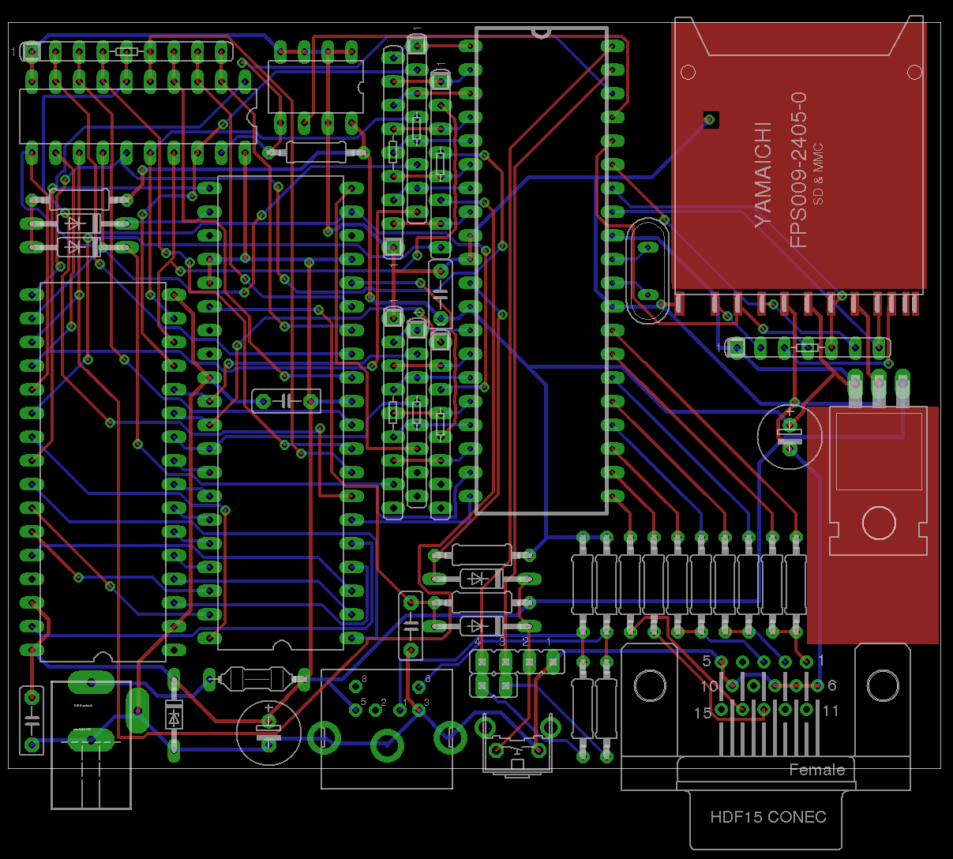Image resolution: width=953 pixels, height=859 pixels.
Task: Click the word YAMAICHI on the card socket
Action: pyautogui.click(x=763, y=174)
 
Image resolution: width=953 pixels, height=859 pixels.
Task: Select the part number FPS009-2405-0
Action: pyautogui.click(x=798, y=170)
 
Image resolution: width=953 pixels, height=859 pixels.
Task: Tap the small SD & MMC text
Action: pyautogui.click(x=818, y=174)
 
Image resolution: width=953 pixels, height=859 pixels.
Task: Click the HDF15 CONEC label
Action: pyautogui.click(x=767, y=817)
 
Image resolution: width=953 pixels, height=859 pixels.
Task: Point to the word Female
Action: pyautogui.click(x=816, y=770)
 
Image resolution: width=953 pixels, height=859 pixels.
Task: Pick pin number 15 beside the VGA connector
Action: pyautogui.click(x=702, y=713)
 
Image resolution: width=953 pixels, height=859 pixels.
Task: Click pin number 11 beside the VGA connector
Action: pyautogui.click(x=829, y=711)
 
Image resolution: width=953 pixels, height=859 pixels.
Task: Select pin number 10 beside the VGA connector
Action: pyautogui.click(x=708, y=686)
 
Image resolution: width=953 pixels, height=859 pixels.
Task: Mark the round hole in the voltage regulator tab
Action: pyautogui.click(x=879, y=523)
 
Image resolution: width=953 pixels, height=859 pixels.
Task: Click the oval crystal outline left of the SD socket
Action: pyautogui.click(x=647, y=271)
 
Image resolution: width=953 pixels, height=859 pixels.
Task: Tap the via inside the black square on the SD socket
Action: pyautogui.click(x=710, y=119)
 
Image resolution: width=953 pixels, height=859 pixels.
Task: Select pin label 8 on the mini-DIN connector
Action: pyautogui.click(x=364, y=679)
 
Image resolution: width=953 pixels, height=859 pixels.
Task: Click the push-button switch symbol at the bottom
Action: pyautogui.click(x=517, y=748)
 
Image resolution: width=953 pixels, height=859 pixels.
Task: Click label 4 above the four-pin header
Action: pyautogui.click(x=477, y=642)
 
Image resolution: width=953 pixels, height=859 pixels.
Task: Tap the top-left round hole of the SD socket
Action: pyautogui.click(x=688, y=73)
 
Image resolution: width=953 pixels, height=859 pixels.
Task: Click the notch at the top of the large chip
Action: pyautogui.click(x=541, y=33)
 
